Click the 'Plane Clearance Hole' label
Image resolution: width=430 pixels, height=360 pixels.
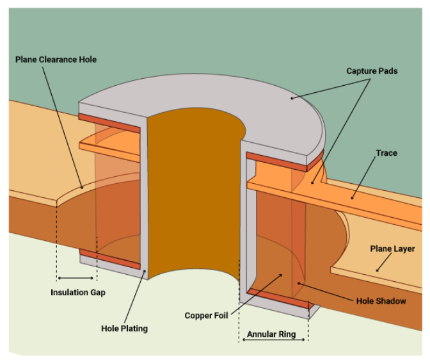pyautogui.click(x=57, y=60)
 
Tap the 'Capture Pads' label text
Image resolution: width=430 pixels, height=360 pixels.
pyautogui.click(x=372, y=70)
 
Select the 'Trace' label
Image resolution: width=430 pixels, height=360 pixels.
pyautogui.click(x=386, y=153)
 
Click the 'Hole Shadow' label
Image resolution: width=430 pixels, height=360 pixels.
pyautogui.click(x=380, y=300)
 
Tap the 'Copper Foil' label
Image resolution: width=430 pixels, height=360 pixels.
pyautogui.click(x=207, y=315)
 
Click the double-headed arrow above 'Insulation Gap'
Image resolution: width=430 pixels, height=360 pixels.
pyautogui.click(x=77, y=279)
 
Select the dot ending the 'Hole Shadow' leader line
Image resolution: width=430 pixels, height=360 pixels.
pyautogui.click(x=299, y=282)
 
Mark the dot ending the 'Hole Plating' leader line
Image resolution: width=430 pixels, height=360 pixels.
pyautogui.click(x=146, y=272)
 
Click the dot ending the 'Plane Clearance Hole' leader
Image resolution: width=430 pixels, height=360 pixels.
pyautogui.click(x=82, y=187)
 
